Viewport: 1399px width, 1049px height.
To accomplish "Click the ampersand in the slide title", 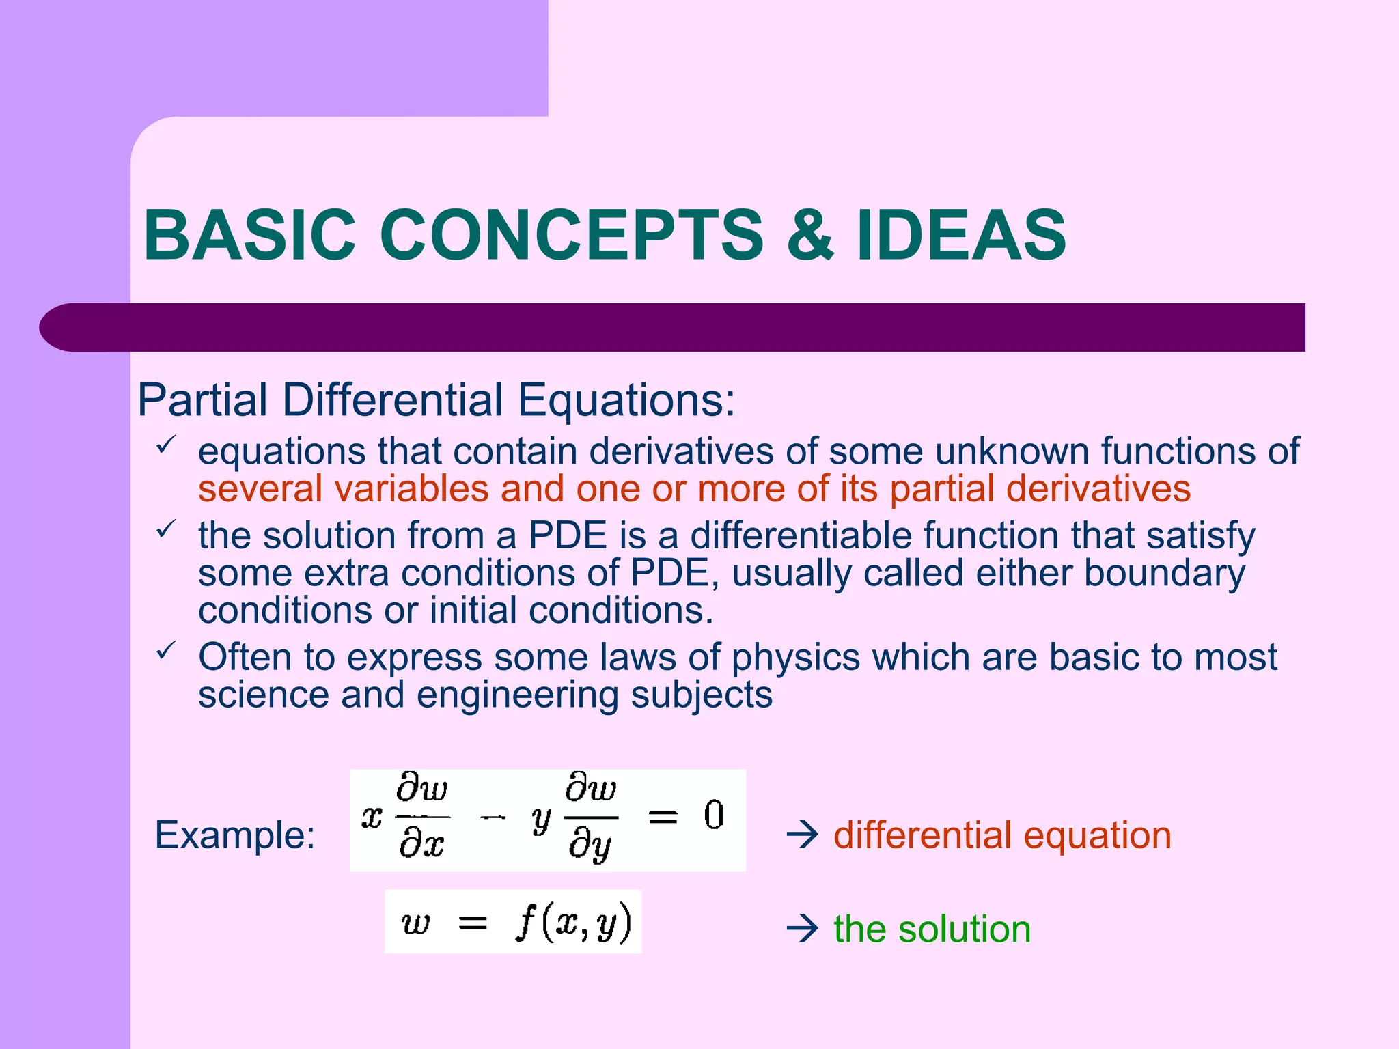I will pyautogui.click(x=811, y=236).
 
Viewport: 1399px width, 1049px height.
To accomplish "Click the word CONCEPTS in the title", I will pyautogui.click(x=571, y=236).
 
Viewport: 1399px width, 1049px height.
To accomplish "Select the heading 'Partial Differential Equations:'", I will pyautogui.click(x=436, y=400).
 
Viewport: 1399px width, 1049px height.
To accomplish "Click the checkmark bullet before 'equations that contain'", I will pyautogui.click(x=166, y=445).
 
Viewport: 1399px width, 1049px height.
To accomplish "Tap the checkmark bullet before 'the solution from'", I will pyautogui.click(x=166, y=529).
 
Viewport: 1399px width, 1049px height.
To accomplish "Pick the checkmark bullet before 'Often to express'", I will pyautogui.click(x=166, y=650).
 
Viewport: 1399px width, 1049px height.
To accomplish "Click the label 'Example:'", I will pyautogui.click(x=235, y=835).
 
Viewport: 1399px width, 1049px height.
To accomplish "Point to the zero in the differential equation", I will pyautogui.click(x=714, y=815).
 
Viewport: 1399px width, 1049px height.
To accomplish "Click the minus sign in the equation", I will pyautogui.click(x=493, y=817).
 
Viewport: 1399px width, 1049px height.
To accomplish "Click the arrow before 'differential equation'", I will pyautogui.click(x=802, y=835).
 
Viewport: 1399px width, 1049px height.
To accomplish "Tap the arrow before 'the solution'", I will pyautogui.click(x=802, y=929).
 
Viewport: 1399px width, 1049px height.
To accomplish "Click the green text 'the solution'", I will pyautogui.click(x=932, y=929).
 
